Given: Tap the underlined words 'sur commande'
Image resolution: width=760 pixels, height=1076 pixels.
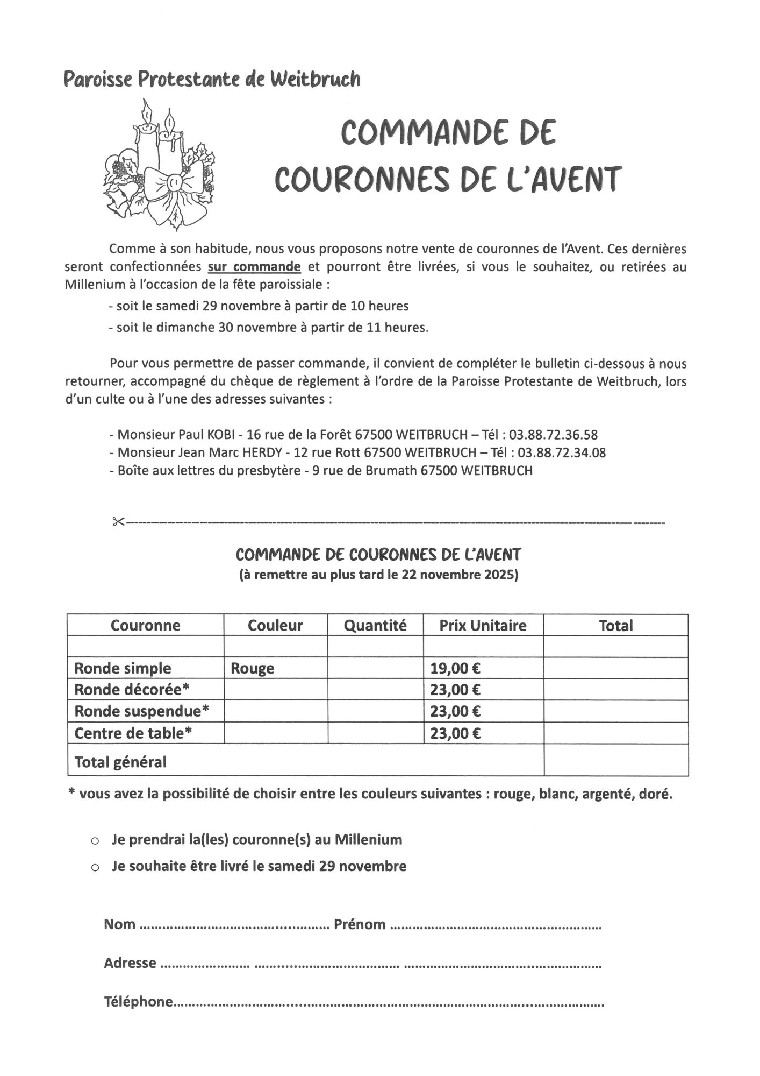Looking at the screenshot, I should coord(254,267).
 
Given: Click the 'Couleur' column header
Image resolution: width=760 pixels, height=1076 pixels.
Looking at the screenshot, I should coord(275,625).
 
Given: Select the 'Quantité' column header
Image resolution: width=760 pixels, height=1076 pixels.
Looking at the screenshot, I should coord(375,625).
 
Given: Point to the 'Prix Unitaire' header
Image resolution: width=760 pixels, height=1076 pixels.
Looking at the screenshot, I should coord(483,625).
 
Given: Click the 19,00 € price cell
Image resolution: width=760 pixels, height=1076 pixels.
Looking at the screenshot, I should coord(455,668).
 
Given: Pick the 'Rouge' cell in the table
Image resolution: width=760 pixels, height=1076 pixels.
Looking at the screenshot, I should coord(253,668).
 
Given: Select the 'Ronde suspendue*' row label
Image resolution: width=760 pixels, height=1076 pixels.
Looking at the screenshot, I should coord(141,711).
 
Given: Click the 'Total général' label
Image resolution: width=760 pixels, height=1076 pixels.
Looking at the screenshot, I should coord(120,762).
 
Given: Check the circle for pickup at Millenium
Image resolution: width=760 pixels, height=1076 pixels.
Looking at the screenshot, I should coord(95,841).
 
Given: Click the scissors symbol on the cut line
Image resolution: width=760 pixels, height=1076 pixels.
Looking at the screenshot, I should coord(118,521).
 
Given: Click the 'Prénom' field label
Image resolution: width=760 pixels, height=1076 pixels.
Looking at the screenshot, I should coord(360,924).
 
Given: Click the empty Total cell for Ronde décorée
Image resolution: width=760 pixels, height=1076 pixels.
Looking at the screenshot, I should coord(615,690).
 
